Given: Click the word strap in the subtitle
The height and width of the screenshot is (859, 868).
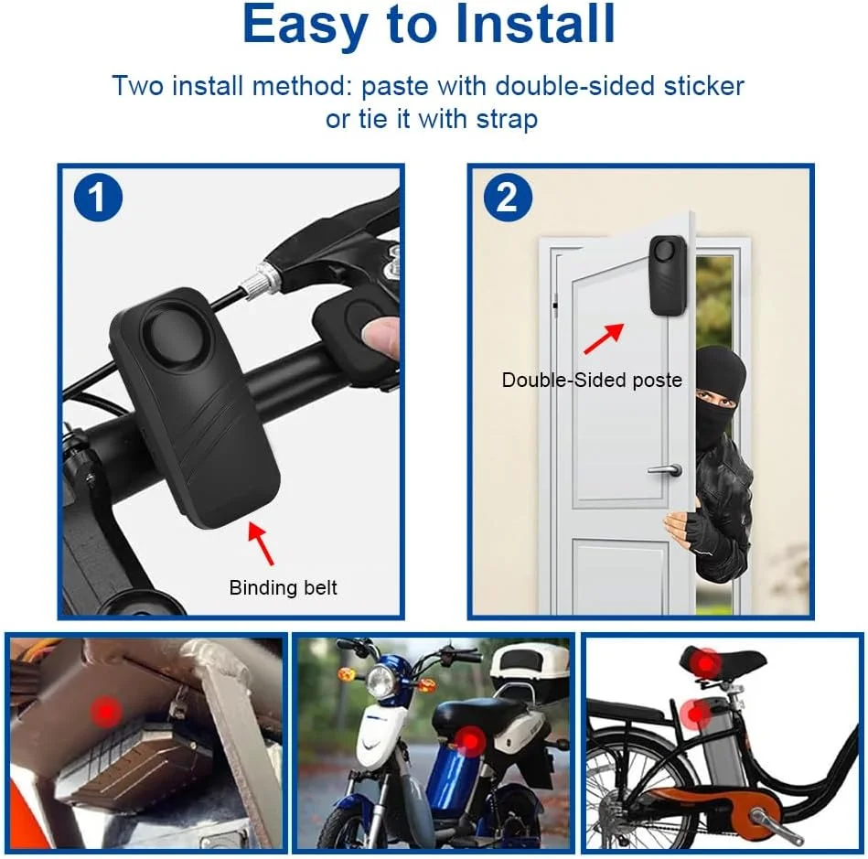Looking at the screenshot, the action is pos(507,119).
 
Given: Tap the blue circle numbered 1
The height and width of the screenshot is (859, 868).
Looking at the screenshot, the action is pos(98,198).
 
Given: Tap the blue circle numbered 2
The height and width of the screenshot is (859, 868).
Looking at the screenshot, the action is pos(508,198).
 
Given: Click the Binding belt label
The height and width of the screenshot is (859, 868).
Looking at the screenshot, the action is pos(283,587).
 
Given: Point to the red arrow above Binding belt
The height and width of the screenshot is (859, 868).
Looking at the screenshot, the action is pos(260,543).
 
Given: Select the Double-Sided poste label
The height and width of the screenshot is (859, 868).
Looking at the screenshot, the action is pos(592,380).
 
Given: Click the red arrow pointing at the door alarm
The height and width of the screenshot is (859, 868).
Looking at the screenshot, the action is pos(604,338).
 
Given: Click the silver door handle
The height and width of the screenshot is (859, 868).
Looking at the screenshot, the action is pos(665,469).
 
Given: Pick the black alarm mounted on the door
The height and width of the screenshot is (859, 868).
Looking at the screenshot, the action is pos(669,275).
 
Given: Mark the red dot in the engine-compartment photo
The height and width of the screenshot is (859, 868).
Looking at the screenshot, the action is pos(106,711).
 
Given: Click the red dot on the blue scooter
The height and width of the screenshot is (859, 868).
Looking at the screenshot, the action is pos(470,740).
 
